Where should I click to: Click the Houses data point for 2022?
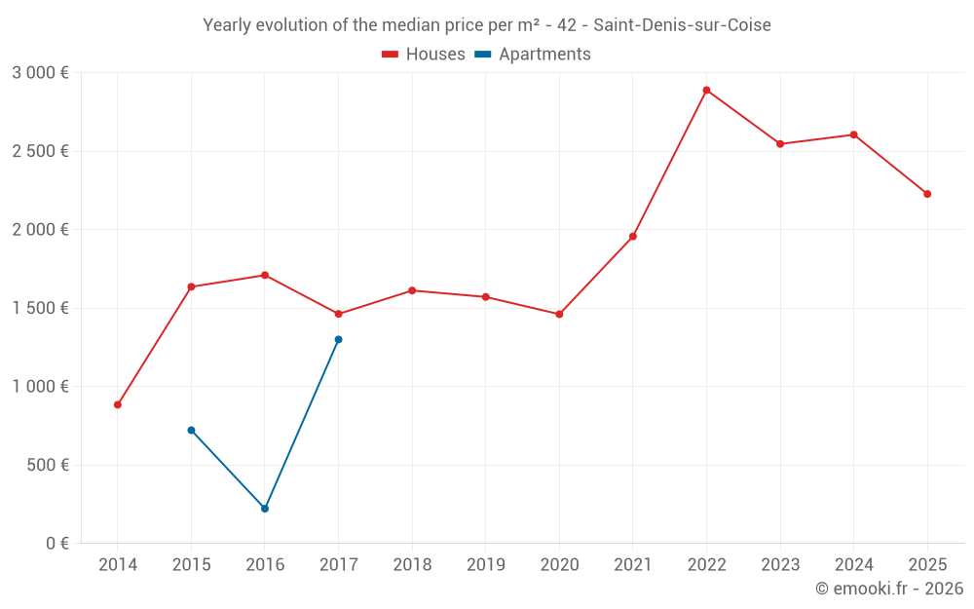pyautogui.click(x=706, y=90)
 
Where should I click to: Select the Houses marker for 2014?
pyautogui.click(x=118, y=404)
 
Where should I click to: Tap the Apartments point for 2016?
pyautogui.click(x=265, y=509)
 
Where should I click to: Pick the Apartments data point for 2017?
pyautogui.click(x=338, y=339)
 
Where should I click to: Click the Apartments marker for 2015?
pyautogui.click(x=191, y=430)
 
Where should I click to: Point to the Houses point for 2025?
pyautogui.click(x=927, y=194)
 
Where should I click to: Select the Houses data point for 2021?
pyautogui.click(x=633, y=236)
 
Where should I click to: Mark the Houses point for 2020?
pyautogui.click(x=559, y=314)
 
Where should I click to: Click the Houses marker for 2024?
pyautogui.click(x=853, y=134)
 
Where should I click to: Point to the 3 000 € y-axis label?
pyautogui.click(x=40, y=73)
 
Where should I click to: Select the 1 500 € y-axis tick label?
pyautogui.click(x=40, y=308)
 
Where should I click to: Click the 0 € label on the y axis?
pyautogui.click(x=57, y=543)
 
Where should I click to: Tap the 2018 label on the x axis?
pyautogui.click(x=412, y=565)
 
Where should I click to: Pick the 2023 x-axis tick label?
pyautogui.click(x=780, y=565)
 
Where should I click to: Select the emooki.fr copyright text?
pyautogui.click(x=889, y=589)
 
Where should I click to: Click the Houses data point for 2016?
pyautogui.click(x=265, y=275)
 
